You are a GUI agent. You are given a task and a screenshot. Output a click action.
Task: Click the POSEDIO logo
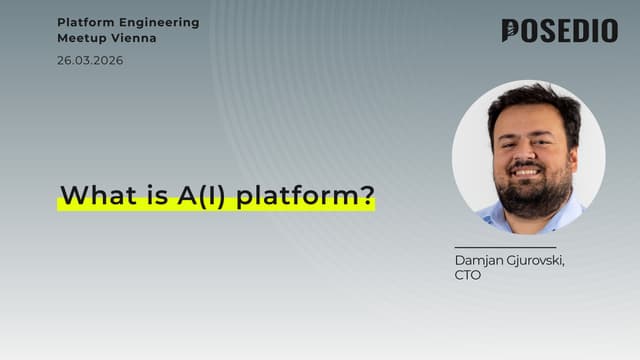pos(559,31)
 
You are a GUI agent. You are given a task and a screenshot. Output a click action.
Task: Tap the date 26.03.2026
pos(91,60)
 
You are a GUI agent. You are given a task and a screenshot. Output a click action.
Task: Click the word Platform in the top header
pos(86,22)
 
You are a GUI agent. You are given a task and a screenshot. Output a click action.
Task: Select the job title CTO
pos(467,275)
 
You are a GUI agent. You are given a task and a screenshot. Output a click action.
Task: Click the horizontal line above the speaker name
pos(504,247)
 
